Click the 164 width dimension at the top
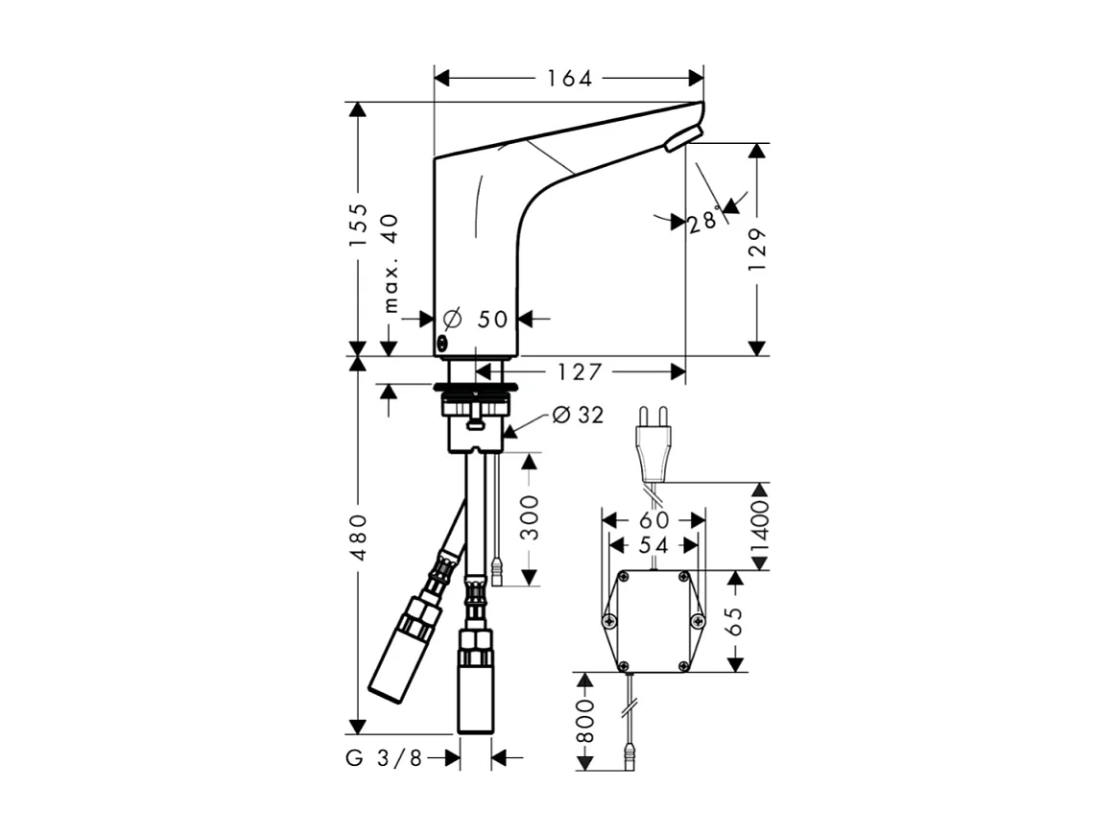click(570, 79)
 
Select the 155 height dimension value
click(358, 227)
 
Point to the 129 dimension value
click(758, 250)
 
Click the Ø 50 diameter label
click(478, 319)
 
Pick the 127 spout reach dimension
click(575, 371)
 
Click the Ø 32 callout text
click(579, 416)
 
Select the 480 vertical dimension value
click(358, 537)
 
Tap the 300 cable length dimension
click(530, 518)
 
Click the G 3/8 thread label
click(384, 758)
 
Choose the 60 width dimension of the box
click(653, 520)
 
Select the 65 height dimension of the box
click(736, 622)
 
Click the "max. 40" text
click(391, 263)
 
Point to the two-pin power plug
click(653, 451)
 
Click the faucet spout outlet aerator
click(683, 139)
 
